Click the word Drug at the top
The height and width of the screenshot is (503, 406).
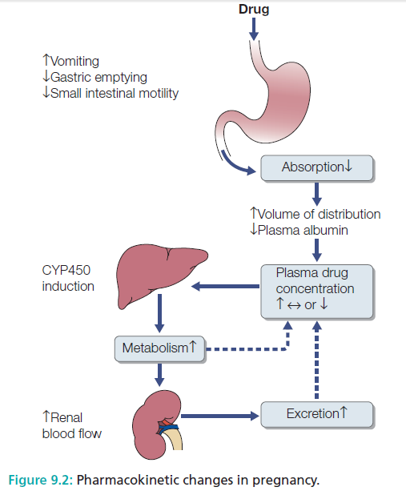click(x=253, y=9)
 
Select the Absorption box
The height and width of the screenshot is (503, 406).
click(x=317, y=167)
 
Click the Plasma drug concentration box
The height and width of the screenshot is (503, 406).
click(x=317, y=289)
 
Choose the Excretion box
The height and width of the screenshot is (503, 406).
click(x=317, y=414)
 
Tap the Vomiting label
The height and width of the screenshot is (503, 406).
click(x=71, y=60)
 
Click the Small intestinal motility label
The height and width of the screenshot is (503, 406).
click(x=111, y=93)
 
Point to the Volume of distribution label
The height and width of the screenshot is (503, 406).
click(x=316, y=214)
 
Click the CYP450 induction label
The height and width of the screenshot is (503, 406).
click(x=68, y=279)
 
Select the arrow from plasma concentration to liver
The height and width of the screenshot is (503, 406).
click(x=227, y=286)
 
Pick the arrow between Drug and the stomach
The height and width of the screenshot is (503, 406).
click(x=254, y=28)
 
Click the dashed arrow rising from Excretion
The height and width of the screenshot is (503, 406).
click(x=317, y=360)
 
